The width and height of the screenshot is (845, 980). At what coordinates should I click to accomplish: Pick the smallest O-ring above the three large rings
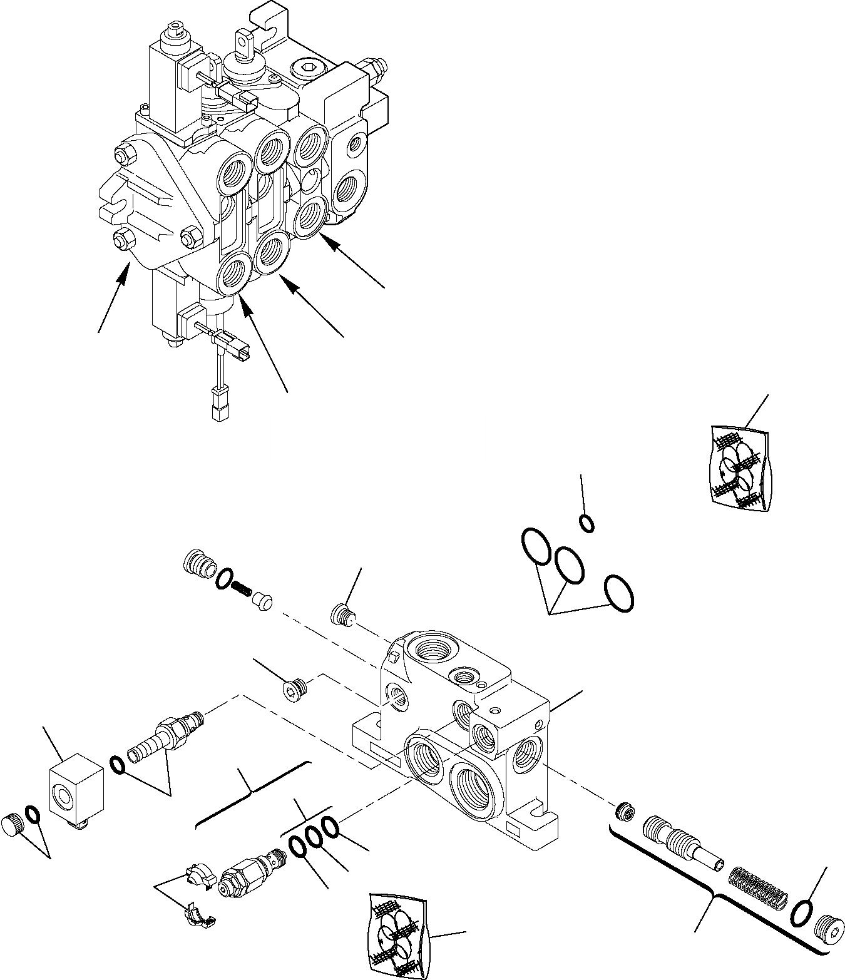click(x=586, y=523)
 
